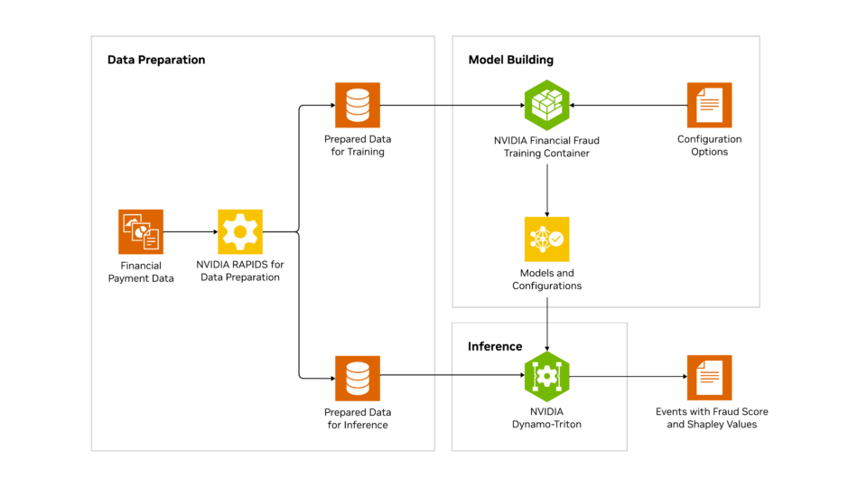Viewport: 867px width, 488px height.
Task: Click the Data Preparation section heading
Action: (x=156, y=60)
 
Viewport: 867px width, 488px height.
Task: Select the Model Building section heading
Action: (x=510, y=60)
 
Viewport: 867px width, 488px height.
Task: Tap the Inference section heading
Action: (x=495, y=346)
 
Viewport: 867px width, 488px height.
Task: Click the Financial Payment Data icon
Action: (x=141, y=231)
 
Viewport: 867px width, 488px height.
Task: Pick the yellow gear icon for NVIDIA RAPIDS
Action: (x=240, y=231)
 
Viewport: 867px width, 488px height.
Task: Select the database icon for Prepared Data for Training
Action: (x=358, y=105)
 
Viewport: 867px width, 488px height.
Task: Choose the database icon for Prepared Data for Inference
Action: (x=358, y=377)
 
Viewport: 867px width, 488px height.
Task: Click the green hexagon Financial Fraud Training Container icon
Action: (x=547, y=105)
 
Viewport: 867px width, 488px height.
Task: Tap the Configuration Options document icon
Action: (x=709, y=105)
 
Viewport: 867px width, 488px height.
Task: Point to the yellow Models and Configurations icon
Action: (x=547, y=239)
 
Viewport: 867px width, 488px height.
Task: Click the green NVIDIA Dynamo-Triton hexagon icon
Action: (x=547, y=377)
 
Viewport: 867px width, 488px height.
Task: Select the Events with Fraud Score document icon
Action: (x=709, y=377)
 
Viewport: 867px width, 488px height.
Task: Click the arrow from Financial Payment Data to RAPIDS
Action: (x=191, y=232)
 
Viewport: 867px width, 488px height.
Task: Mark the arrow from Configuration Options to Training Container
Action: (x=628, y=106)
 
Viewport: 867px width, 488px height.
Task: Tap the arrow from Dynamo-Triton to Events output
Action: (x=628, y=377)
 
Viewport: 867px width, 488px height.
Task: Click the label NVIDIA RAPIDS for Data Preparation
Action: (x=240, y=271)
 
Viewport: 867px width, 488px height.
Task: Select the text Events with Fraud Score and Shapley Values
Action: (x=712, y=418)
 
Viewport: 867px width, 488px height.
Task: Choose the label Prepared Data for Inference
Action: (x=358, y=418)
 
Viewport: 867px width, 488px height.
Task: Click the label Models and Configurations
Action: (x=547, y=279)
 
